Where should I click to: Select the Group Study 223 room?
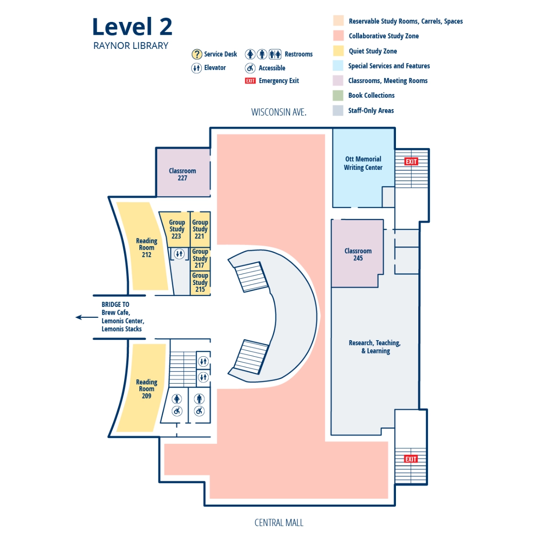tap(176, 229)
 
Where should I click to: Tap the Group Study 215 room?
tap(200, 283)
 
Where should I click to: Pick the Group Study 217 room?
tap(200, 258)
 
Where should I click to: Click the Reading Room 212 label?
tap(146, 248)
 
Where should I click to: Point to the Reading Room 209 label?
tap(146, 389)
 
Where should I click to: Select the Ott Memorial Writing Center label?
tap(363, 163)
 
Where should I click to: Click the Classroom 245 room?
tap(358, 254)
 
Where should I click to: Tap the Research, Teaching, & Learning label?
tap(375, 347)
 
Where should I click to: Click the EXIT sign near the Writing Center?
tap(411, 161)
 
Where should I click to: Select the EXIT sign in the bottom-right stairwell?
tap(411, 459)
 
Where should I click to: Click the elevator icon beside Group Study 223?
tap(179, 253)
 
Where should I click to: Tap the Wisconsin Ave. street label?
tap(279, 112)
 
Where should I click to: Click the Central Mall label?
tap(279, 522)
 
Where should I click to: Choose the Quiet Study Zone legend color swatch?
tap(338, 51)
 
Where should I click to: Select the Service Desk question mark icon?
tap(196, 54)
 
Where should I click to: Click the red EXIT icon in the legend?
tap(250, 81)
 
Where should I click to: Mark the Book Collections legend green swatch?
tap(338, 95)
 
